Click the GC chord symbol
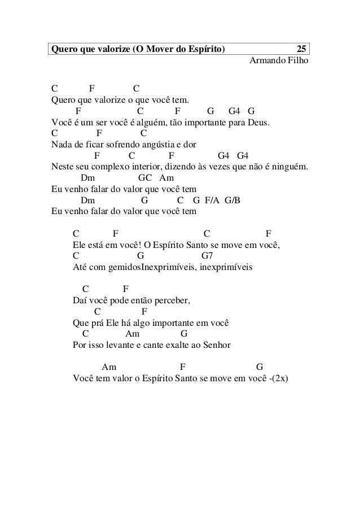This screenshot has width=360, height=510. coord(146,178)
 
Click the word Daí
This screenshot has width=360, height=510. coord(80,301)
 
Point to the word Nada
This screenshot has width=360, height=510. coord(61,145)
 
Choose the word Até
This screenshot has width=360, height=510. coord(80,266)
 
